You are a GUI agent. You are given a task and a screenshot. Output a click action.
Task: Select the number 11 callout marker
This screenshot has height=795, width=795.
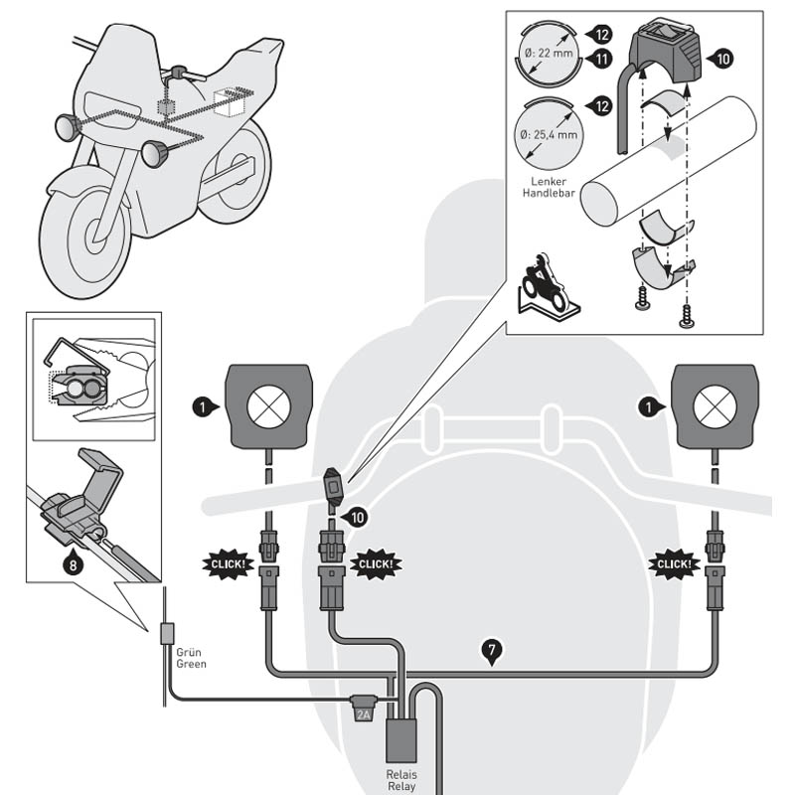601,60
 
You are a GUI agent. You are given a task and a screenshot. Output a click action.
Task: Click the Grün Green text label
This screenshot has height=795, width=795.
191,658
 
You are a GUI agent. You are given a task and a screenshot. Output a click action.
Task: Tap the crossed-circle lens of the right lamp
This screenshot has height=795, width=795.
716,404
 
